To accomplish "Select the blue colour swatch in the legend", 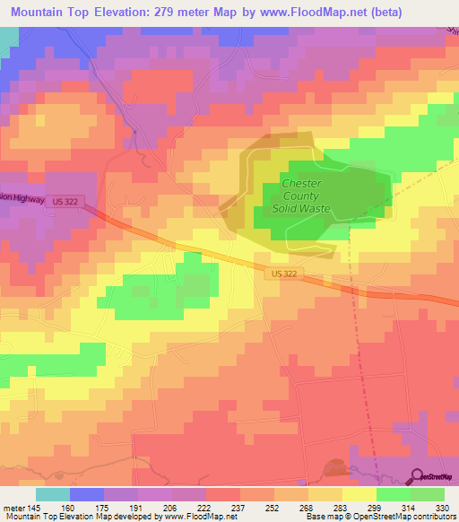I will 86,494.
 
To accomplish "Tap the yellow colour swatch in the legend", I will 358,494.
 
